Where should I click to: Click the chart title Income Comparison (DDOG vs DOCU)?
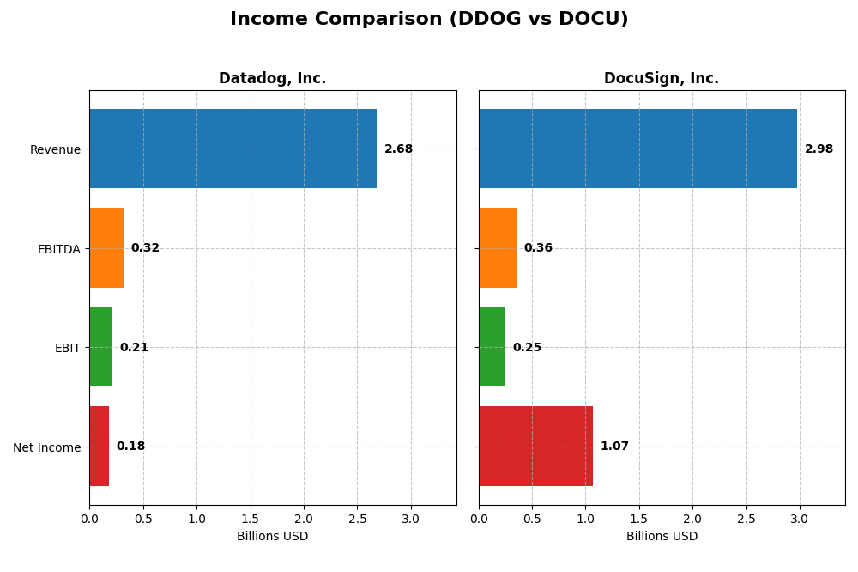point(429,19)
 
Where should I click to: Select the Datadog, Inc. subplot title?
point(272,79)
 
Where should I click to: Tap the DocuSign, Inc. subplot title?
point(662,79)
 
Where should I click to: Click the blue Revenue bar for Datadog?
point(233,149)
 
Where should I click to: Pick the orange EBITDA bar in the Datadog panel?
point(106,248)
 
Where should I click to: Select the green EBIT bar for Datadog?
point(100,347)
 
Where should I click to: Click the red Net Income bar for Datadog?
point(99,447)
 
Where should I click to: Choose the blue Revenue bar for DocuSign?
point(637,149)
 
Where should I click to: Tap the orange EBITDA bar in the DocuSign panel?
point(498,248)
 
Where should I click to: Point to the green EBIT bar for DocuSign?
point(492,347)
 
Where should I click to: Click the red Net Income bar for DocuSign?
point(535,447)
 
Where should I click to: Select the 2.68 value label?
point(398,149)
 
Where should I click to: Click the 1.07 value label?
point(614,447)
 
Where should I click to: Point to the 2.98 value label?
point(819,149)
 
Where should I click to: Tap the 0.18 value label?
point(130,447)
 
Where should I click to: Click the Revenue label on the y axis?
point(55,149)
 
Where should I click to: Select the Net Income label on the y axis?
point(46,447)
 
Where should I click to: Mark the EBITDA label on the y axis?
point(58,249)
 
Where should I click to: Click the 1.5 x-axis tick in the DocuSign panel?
point(639,519)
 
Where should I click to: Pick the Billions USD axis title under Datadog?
point(272,537)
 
